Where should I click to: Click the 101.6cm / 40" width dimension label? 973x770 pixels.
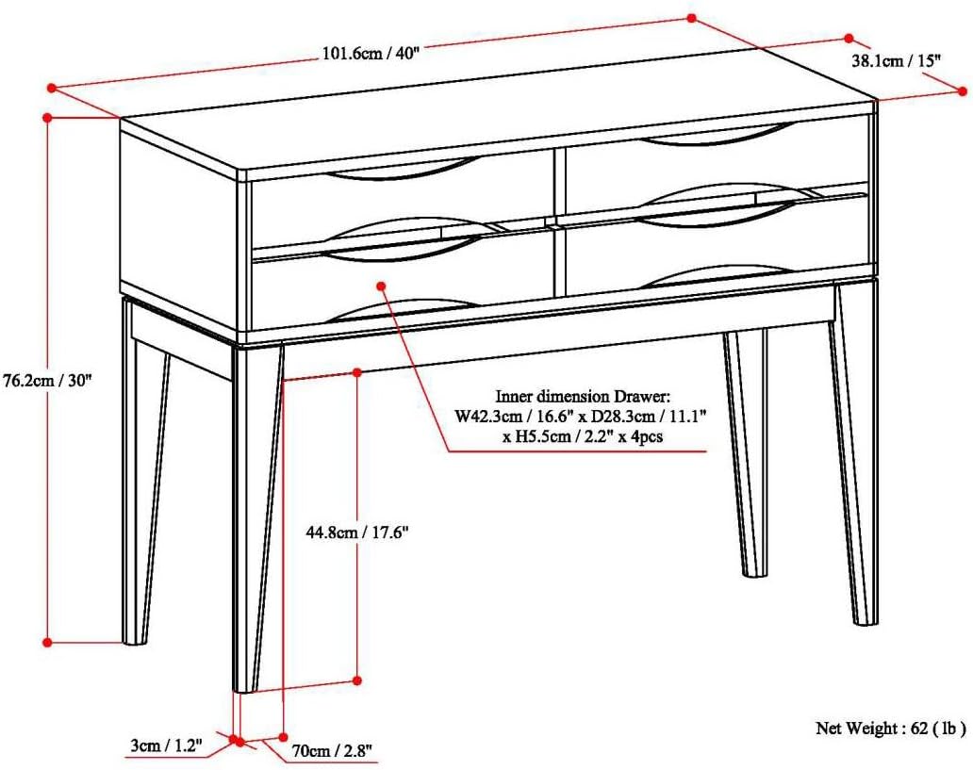click(371, 53)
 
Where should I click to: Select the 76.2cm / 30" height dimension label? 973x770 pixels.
click(47, 381)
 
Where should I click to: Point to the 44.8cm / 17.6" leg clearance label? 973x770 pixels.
click(356, 532)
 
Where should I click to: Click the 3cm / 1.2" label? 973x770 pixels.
click(167, 745)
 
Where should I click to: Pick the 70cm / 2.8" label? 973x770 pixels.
click(332, 751)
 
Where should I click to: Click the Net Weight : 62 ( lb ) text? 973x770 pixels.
click(890, 728)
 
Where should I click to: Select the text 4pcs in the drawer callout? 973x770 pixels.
click(647, 436)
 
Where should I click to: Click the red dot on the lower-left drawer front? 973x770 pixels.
click(382, 286)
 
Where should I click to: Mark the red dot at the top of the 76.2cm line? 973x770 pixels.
click(47, 116)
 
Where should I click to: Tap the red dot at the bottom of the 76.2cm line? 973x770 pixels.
click(47, 642)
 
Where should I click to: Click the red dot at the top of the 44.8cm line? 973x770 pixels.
click(357, 371)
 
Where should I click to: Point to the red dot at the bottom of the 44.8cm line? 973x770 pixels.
click(357, 680)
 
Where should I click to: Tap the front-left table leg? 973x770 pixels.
click(257, 518)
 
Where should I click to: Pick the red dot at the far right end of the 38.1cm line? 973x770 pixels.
click(963, 91)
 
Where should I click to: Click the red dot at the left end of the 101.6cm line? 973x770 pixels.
click(52, 88)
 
